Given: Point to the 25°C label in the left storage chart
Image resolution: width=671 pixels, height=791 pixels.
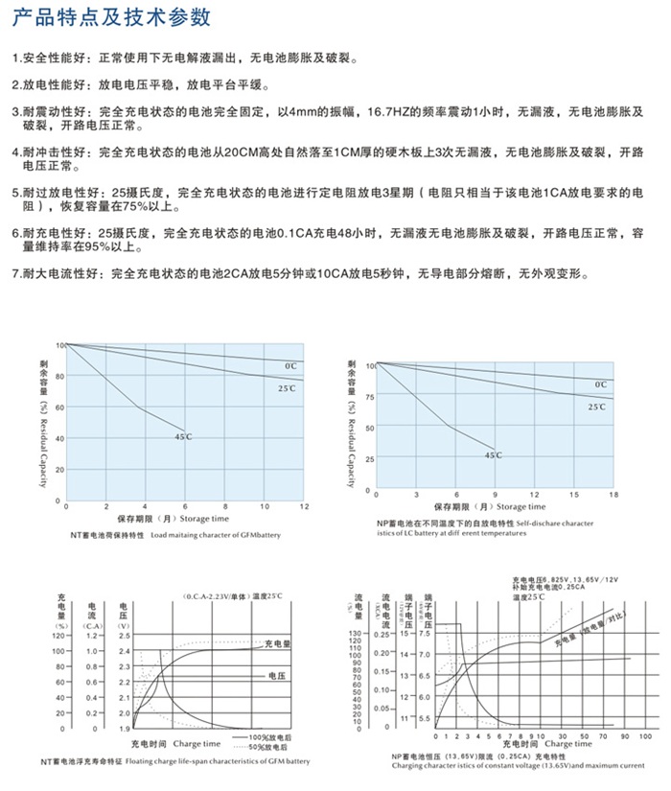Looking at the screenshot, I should (x=287, y=388).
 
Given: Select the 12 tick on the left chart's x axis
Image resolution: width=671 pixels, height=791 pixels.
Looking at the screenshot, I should (x=304, y=504).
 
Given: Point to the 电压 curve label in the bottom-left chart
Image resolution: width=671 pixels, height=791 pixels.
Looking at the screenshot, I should (x=277, y=676).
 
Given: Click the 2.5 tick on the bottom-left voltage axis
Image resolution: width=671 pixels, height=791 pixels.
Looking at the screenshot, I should (x=124, y=635).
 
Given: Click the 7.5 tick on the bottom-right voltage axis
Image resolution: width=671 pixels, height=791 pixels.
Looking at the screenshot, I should (x=411, y=634).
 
